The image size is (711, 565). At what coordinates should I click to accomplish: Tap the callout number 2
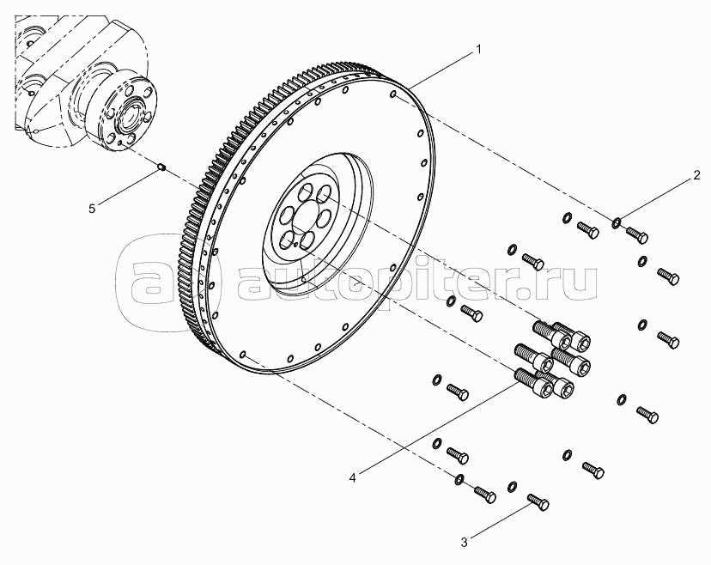698,178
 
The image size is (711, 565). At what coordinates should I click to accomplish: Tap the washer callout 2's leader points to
617,223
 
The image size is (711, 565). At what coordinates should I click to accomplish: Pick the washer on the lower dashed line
459,478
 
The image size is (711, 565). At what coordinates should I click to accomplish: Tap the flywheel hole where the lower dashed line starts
244,354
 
